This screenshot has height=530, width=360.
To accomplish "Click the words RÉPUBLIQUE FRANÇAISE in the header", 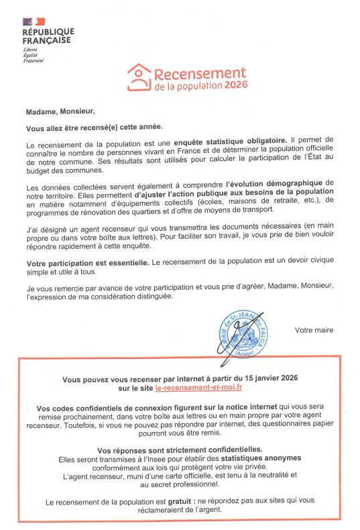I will click(48, 36).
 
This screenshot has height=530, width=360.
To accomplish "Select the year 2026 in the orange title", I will click(236, 86).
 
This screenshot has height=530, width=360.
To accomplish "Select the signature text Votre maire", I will click(314, 330).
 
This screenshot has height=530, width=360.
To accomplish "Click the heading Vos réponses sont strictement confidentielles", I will click(180, 449).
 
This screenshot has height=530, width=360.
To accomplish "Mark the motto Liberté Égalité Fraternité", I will click(34, 55).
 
